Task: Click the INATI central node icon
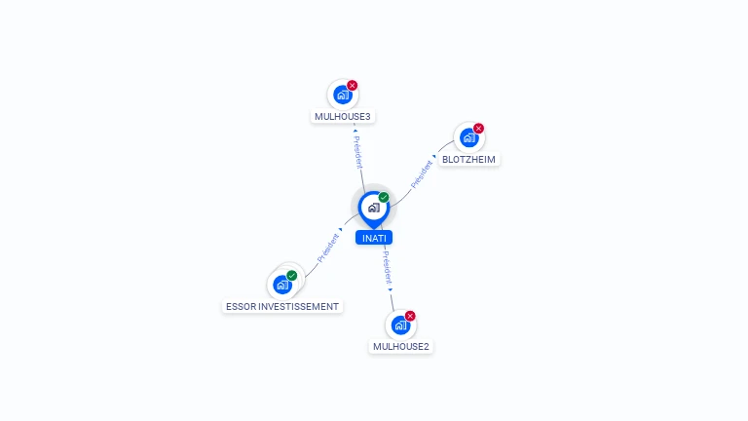(373, 208)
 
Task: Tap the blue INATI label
(374, 238)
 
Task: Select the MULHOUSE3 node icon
(342, 95)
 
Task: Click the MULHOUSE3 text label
(343, 117)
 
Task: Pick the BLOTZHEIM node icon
(468, 137)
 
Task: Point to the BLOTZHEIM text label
(468, 159)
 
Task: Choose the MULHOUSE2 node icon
(399, 325)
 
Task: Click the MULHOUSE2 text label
(400, 346)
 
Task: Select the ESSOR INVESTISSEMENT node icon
(282, 285)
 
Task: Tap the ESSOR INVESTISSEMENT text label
(282, 306)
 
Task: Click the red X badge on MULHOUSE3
(353, 86)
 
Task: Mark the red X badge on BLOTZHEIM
(479, 129)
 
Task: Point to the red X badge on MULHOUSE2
(410, 316)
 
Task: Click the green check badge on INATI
(384, 198)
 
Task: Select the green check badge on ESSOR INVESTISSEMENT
(292, 276)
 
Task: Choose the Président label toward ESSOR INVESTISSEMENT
(327, 249)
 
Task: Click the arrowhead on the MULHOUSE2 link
(391, 289)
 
